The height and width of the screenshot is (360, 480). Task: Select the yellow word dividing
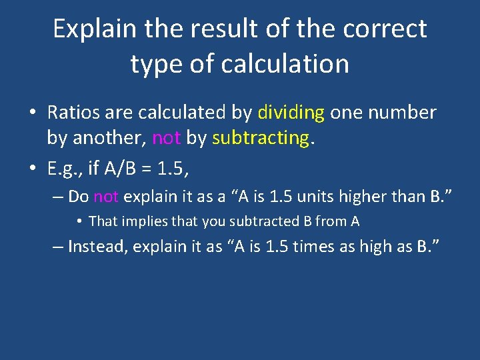pos(290,113)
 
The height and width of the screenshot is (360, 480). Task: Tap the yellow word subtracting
pos(261,138)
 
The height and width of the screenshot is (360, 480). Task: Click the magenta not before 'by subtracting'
pos(167,138)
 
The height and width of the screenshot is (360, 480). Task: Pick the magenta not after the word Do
pos(107,197)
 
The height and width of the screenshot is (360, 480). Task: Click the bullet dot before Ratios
pos(32,113)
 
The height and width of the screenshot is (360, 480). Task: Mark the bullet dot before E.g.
pos(32,169)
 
